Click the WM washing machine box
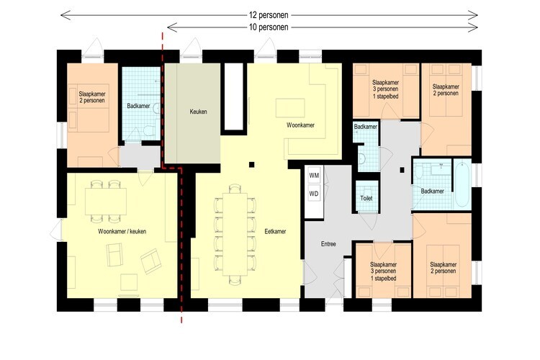coord(314,176)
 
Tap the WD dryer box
coord(314,194)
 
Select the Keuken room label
coord(199,112)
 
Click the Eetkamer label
coord(275,232)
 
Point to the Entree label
coord(328,244)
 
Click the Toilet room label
coord(366,199)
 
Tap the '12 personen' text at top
coord(269,15)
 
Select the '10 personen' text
coord(269,27)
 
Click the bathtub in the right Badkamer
coord(462,184)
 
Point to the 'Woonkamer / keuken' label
coord(122,232)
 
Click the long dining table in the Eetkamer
coord(235,234)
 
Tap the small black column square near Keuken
coord(252,165)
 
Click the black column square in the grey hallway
coord(402,170)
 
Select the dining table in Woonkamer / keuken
coord(106,202)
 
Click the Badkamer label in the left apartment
coord(138,106)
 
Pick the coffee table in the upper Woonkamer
coord(290,108)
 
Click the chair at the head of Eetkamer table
coord(235,189)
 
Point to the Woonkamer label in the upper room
coord(300,125)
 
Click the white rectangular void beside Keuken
coord(234,96)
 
